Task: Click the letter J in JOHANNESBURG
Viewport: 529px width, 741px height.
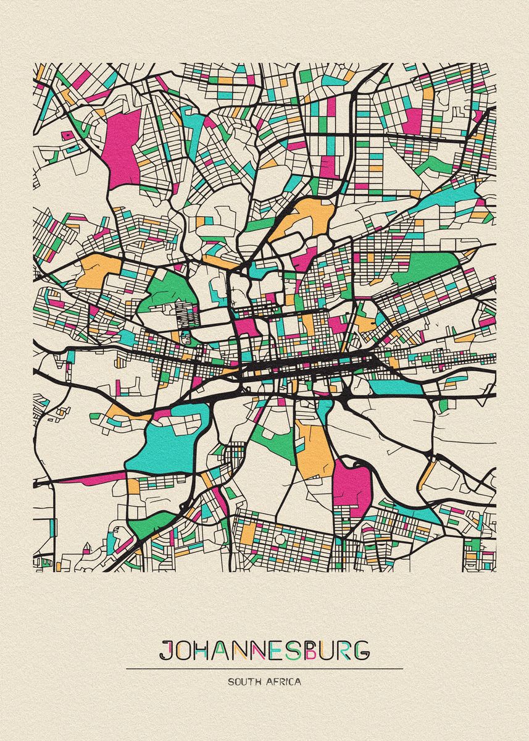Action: tap(166, 650)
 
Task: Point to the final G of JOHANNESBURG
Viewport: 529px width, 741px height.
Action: tap(361, 650)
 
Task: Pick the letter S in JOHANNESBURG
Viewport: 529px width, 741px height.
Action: tap(290, 650)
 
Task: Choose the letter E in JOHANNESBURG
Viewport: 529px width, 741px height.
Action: tap(274, 650)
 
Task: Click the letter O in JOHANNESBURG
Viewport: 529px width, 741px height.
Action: tap(184, 650)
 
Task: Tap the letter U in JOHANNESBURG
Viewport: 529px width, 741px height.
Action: tap(325, 650)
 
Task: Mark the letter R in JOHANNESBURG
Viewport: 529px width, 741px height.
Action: tap(343, 650)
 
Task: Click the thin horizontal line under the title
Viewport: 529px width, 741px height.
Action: tap(264, 668)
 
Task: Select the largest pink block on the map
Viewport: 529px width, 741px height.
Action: tap(123, 148)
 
